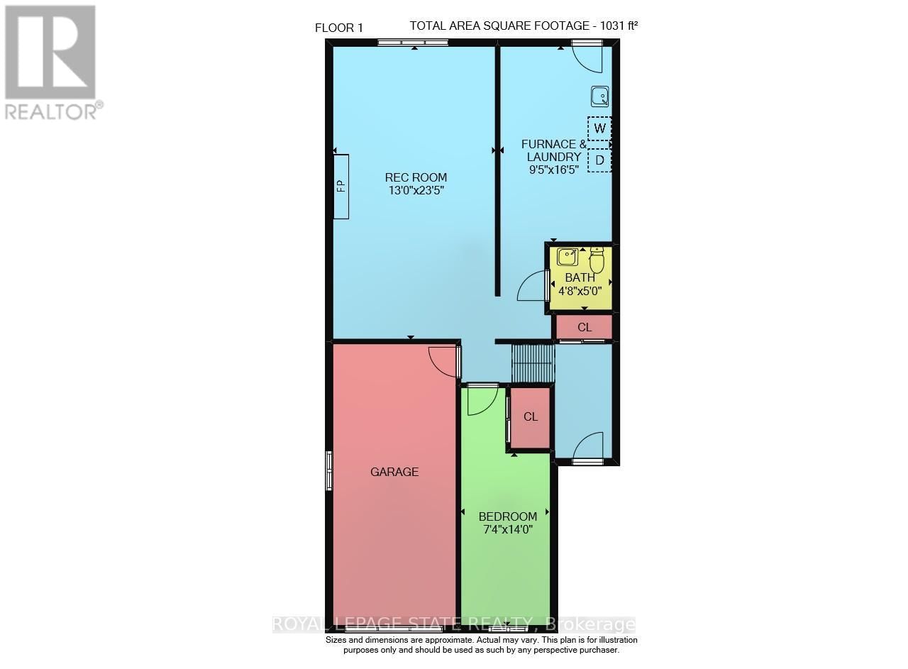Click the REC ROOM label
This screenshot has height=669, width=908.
(416, 177)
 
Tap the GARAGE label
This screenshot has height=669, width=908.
(394, 472)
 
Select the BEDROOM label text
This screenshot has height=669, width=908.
(507, 516)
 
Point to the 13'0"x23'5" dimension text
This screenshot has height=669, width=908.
(416, 190)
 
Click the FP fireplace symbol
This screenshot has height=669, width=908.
(341, 187)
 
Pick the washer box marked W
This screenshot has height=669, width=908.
(599, 129)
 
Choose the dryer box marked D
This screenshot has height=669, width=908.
(599, 161)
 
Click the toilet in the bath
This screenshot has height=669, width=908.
(597, 260)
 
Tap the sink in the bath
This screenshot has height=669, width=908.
(567, 257)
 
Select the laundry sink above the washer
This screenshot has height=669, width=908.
(599, 96)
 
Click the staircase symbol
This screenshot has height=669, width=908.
(532, 363)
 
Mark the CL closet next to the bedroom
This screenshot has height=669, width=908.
(531, 417)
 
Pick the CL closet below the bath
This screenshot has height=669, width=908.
(584, 327)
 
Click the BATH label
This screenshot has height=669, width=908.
(580, 277)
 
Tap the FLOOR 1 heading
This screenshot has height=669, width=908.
(339, 28)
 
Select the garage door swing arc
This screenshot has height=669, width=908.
(443, 361)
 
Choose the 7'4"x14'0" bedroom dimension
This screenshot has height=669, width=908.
(507, 529)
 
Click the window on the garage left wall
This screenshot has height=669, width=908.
(329, 471)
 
